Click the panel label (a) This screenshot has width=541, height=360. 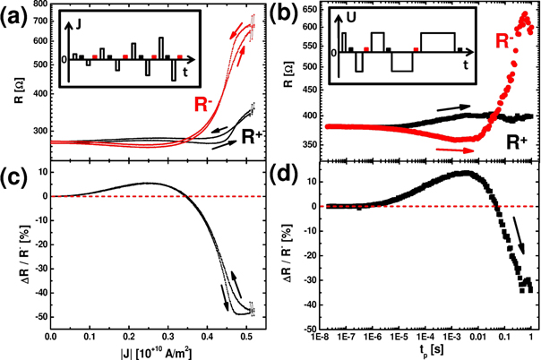[16, 13]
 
